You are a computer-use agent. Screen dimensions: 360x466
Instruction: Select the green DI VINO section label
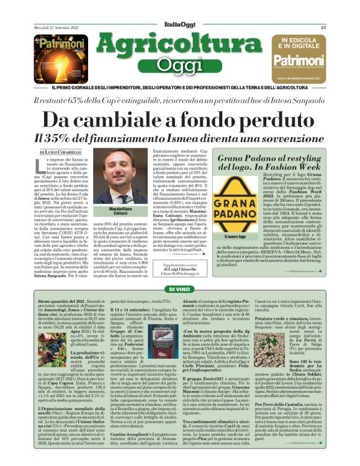coord(181,290)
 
